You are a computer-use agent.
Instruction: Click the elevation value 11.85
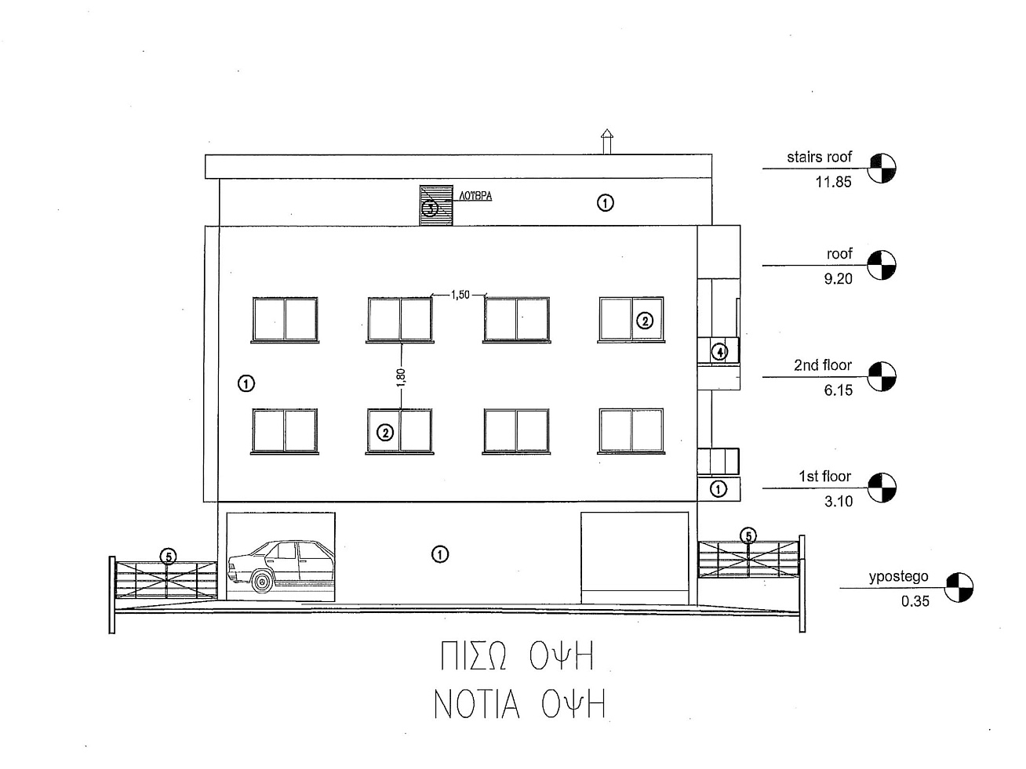833,182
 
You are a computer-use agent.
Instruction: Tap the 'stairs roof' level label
819,157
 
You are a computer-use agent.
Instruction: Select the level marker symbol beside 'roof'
881,265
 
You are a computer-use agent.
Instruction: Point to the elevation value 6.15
838,390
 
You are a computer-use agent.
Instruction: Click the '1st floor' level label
824,477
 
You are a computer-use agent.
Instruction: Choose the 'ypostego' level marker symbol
959,587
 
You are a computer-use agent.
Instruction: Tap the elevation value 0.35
915,601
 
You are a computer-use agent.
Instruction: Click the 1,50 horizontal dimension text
460,295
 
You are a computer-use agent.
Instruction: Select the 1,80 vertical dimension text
401,377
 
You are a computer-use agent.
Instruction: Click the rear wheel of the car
262,582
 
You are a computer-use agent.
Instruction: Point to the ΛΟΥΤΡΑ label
475,196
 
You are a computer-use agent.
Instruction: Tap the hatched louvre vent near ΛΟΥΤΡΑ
436,205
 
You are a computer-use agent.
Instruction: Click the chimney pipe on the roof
606,141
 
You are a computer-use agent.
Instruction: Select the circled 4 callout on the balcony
719,352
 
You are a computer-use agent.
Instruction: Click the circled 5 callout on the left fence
169,557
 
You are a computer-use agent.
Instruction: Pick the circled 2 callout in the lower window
385,433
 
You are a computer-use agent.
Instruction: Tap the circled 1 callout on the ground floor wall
439,554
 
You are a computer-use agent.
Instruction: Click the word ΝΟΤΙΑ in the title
477,704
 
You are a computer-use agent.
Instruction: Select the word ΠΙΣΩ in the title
473,656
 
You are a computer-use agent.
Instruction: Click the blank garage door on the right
635,558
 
